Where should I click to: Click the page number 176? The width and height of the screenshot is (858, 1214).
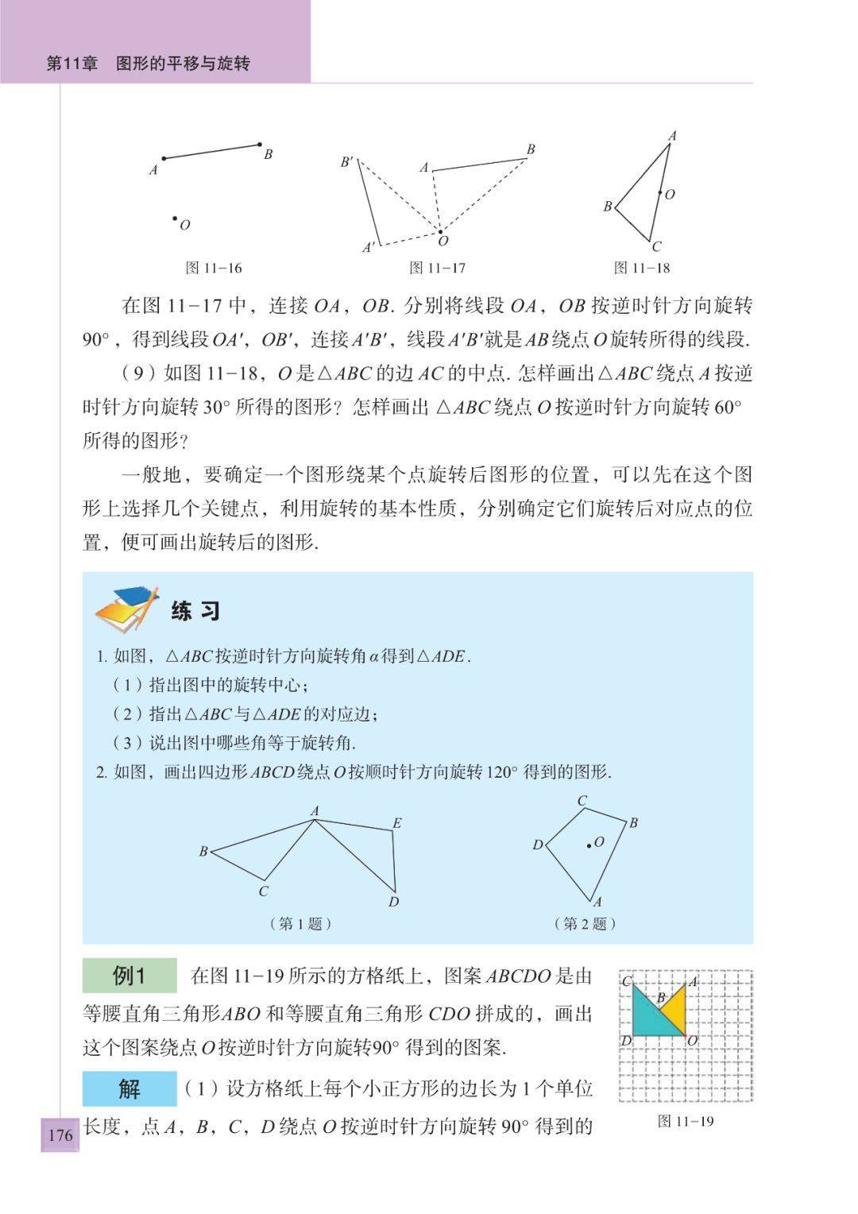(60, 1134)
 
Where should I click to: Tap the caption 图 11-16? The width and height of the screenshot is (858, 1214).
(214, 268)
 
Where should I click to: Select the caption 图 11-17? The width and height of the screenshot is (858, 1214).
(437, 268)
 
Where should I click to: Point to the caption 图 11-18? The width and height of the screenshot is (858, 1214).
(642, 268)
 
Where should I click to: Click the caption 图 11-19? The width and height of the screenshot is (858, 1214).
(686, 1121)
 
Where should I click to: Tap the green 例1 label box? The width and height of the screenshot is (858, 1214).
(129, 976)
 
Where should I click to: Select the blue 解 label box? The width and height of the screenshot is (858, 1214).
(129, 1088)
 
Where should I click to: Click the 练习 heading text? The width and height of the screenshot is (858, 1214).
(195, 611)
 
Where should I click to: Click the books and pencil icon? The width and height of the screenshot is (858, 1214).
(127, 609)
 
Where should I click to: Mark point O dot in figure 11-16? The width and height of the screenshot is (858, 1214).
(175, 218)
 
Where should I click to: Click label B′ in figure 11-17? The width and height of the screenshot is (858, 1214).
(347, 162)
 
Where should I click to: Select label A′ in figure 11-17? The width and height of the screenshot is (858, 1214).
(369, 247)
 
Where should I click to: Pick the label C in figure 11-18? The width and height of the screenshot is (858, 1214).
(656, 246)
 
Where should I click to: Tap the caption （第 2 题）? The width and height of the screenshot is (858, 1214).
(586, 923)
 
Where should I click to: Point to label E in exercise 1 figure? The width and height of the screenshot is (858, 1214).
(396, 823)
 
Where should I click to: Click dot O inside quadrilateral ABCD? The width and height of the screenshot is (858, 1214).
(589, 845)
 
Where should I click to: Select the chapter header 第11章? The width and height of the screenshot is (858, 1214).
(72, 64)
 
